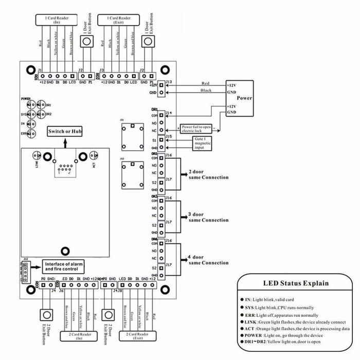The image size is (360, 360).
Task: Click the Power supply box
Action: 239,97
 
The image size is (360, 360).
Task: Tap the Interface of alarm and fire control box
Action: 64,266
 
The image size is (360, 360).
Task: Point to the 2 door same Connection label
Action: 208,174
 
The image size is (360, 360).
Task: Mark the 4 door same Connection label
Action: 208,260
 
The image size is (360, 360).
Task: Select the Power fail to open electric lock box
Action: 197,129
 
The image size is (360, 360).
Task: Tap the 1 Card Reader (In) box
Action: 53,20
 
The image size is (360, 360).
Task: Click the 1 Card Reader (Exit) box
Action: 118,20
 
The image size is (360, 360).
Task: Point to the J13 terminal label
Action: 169,82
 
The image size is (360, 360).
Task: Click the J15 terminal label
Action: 169,136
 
